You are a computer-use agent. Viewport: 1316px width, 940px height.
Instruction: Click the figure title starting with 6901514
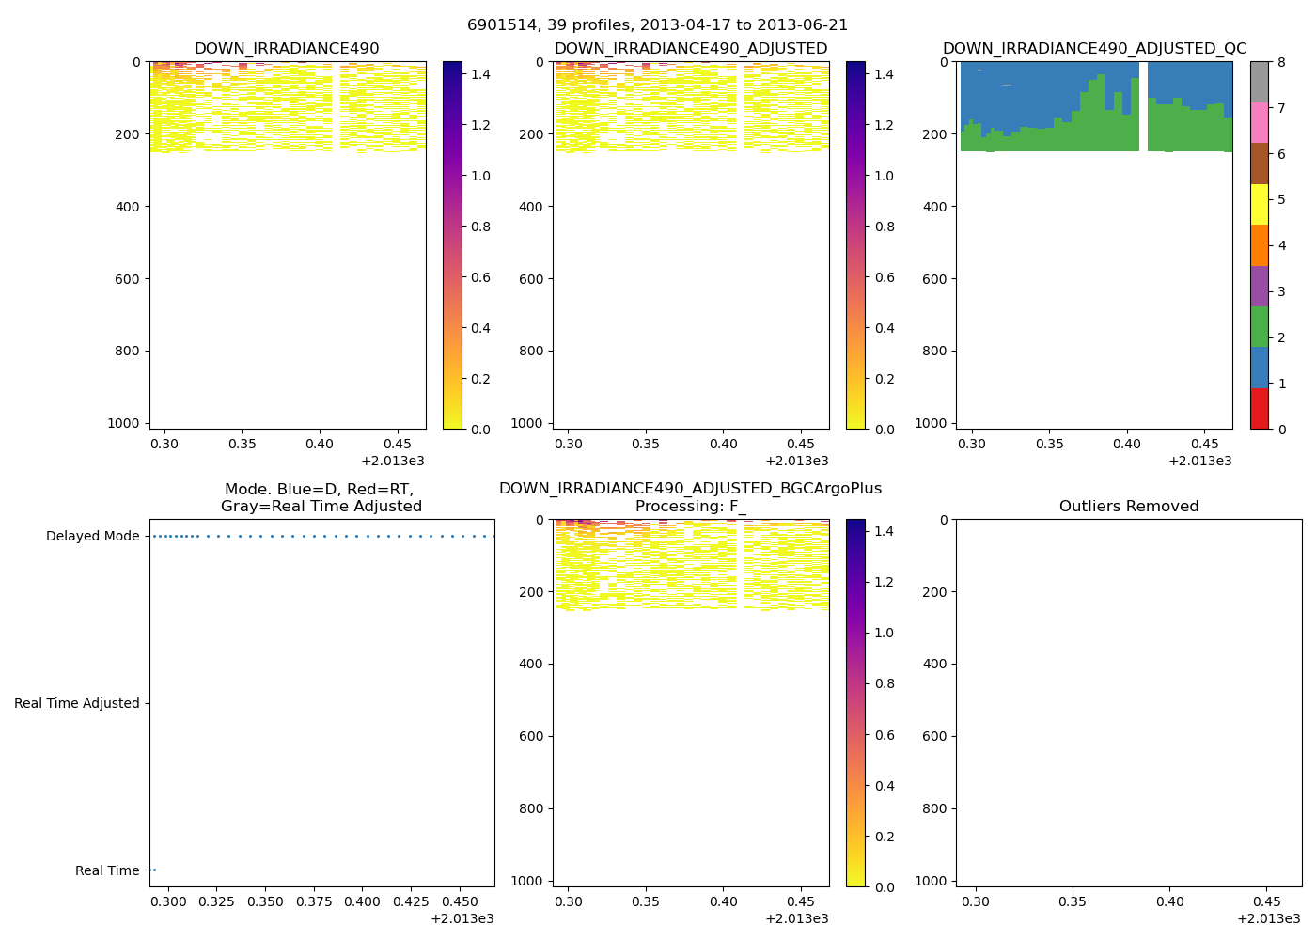[x=657, y=25]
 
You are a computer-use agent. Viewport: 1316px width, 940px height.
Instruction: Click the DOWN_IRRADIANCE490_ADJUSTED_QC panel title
[x=1094, y=49]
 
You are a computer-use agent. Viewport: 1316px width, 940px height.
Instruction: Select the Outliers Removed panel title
[x=1128, y=507]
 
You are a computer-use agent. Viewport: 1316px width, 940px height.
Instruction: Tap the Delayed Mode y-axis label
[x=92, y=537]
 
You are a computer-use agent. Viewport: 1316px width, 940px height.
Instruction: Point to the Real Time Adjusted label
[x=76, y=703]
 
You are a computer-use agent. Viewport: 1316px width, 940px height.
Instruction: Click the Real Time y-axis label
[x=107, y=870]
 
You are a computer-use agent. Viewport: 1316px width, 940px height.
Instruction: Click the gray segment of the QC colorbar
[x=1260, y=83]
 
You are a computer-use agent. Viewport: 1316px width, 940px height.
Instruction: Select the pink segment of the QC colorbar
[x=1260, y=123]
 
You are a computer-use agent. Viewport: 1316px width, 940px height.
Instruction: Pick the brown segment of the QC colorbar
[x=1260, y=164]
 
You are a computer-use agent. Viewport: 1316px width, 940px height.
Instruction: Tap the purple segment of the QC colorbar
[x=1260, y=286]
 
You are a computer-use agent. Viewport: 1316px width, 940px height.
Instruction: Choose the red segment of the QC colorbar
[x=1260, y=409]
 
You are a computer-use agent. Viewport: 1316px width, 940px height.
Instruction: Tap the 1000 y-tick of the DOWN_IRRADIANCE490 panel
[x=124, y=423]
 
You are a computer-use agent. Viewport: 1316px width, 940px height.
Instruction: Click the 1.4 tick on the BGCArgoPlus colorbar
[x=884, y=532]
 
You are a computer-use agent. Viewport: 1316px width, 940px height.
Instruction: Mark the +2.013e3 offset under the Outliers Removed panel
[x=1268, y=918]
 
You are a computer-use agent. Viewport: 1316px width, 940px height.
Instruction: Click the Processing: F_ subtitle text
[x=690, y=507]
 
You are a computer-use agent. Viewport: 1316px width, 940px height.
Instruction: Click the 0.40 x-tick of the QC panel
[x=1126, y=444]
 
